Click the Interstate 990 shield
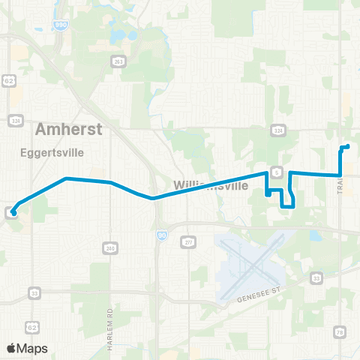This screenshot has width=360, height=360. click(x=58, y=25)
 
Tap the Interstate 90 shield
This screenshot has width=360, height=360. click(x=162, y=235)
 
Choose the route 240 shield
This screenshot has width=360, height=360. click(x=111, y=247)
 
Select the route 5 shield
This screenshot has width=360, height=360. click(x=277, y=172)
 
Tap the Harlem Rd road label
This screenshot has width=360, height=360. click(x=109, y=320)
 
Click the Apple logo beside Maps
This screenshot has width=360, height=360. click(x=11, y=348)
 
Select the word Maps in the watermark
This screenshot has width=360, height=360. click(x=33, y=348)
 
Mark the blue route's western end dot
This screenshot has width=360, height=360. click(x=13, y=213)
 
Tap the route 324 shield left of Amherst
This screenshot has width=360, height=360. click(x=16, y=120)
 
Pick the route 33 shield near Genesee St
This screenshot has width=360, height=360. click(x=316, y=278)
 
